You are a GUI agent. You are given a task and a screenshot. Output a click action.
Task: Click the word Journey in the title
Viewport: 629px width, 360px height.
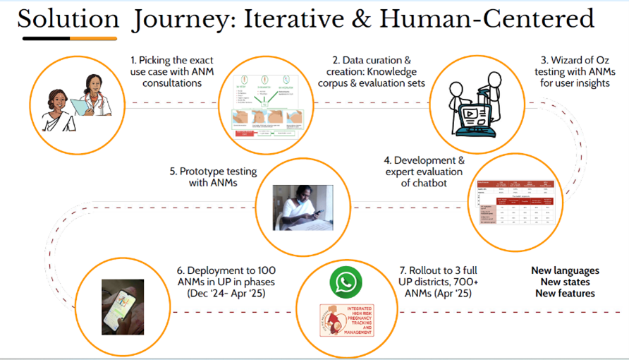coord(180,19)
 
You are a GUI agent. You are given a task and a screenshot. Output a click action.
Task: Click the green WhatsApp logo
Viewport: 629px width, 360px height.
coord(345,283)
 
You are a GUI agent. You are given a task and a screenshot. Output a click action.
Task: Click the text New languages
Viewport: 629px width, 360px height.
coord(564,270)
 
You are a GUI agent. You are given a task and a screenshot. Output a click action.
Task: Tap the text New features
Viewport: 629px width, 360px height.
coord(564,293)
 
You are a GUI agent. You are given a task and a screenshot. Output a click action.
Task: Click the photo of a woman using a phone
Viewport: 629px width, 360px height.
coord(303,207)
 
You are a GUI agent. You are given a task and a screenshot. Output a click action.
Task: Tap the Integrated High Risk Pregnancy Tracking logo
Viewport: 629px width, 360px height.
coord(346,320)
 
